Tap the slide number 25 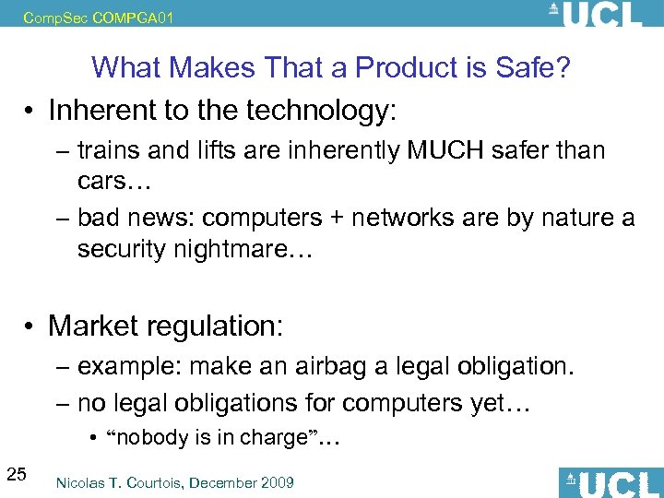16,475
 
